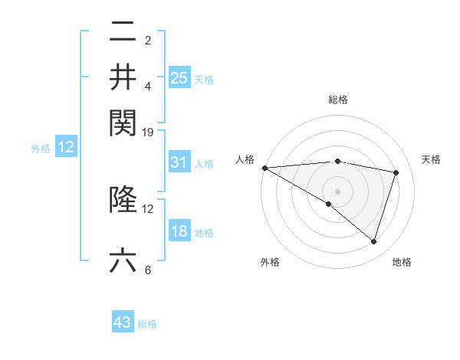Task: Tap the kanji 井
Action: click(123, 77)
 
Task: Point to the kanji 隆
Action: click(123, 199)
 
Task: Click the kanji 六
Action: click(123, 260)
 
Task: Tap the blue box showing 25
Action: click(179, 77)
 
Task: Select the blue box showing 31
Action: click(179, 162)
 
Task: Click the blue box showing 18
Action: click(179, 232)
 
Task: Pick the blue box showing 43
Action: click(123, 322)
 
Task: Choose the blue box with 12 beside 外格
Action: click(66, 147)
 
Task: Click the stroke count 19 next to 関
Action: click(148, 132)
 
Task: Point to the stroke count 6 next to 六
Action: click(148, 270)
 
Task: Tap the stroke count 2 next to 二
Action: click(148, 40)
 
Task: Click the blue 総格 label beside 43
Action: click(147, 324)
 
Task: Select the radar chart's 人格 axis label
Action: click(245, 159)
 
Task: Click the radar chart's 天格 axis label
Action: click(431, 159)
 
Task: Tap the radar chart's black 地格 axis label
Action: click(402, 262)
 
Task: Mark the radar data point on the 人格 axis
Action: click(264, 167)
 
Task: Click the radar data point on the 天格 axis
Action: click(396, 172)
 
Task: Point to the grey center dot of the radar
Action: click(337, 190)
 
